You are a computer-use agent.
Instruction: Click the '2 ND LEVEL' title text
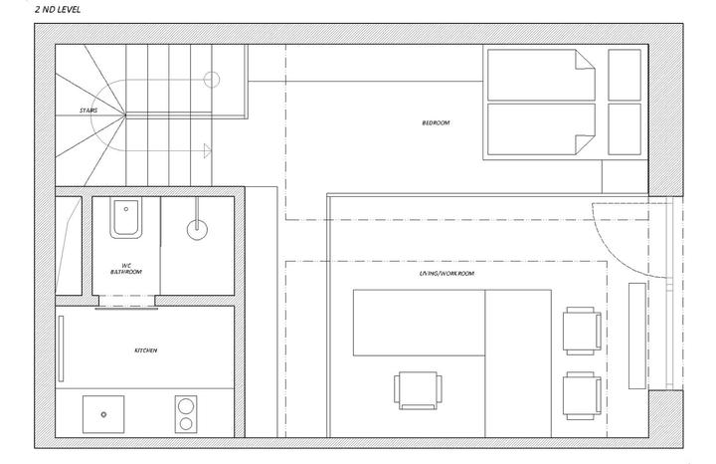click(58, 9)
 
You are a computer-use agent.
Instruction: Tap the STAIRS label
click(89, 111)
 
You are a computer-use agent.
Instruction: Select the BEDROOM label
click(436, 122)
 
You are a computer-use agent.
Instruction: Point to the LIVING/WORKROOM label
click(447, 274)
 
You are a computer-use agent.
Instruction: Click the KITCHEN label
click(145, 350)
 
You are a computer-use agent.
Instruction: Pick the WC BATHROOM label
click(126, 268)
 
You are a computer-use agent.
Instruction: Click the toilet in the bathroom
click(125, 218)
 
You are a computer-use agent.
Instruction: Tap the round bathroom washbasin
click(197, 229)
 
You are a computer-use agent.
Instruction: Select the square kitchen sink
click(103, 414)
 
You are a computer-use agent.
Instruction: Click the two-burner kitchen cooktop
click(186, 414)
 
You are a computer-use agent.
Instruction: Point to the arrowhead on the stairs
click(207, 150)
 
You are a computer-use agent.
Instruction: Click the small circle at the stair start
click(212, 80)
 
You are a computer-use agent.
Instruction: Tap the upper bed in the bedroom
click(541, 75)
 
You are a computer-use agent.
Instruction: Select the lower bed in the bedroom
click(541, 129)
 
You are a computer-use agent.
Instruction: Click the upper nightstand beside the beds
click(625, 75)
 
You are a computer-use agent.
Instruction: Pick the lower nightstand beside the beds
click(625, 129)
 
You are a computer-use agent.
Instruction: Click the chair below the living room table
click(418, 390)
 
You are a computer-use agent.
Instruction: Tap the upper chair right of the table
click(582, 331)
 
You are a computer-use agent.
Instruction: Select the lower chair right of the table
click(582, 395)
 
